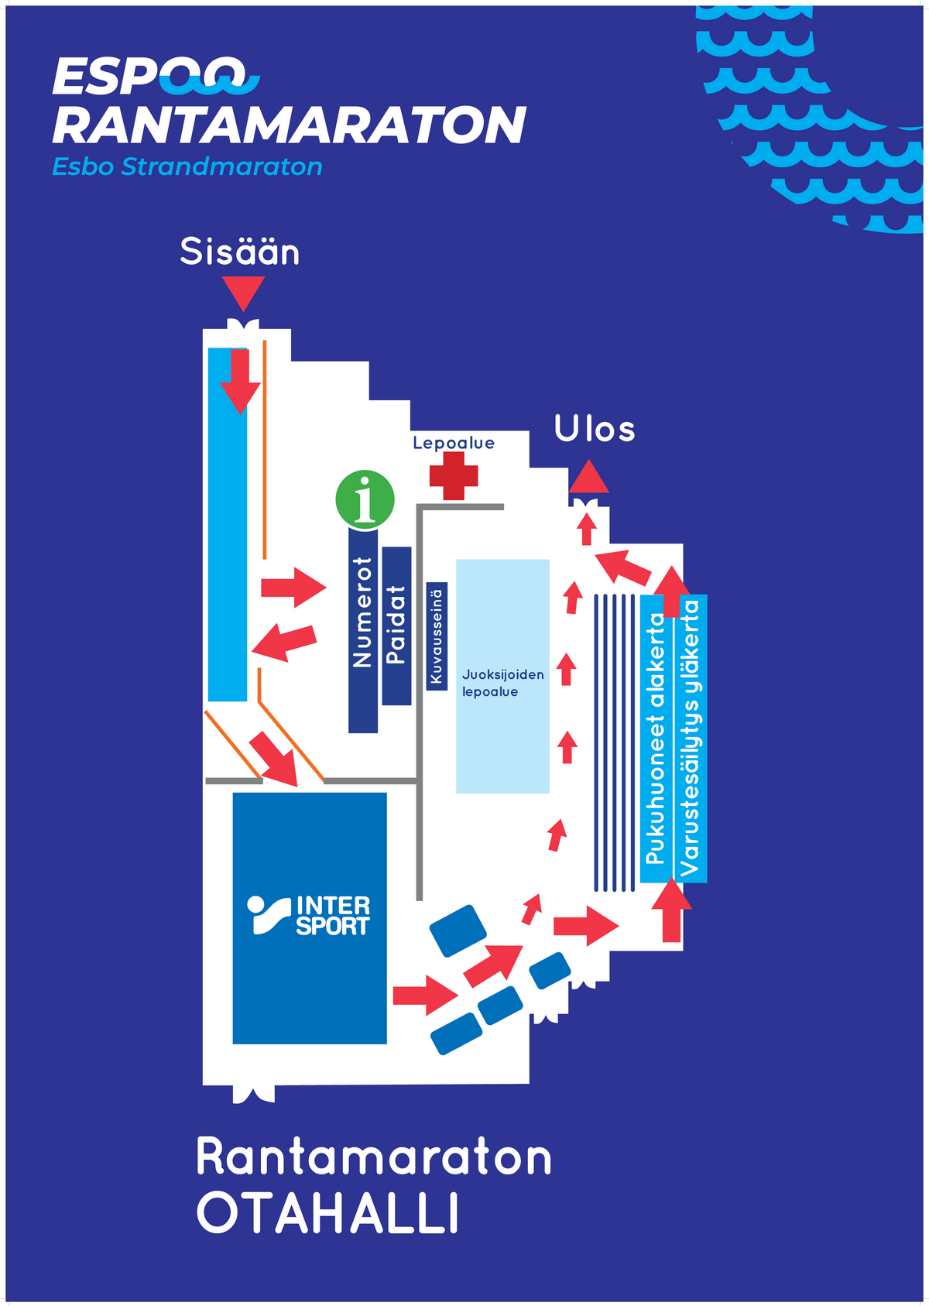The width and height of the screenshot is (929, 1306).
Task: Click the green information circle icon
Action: click(365, 499)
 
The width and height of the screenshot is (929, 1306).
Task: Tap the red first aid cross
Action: click(453, 476)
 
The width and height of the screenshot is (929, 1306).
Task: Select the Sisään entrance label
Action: click(240, 252)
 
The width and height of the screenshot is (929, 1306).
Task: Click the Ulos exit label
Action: click(595, 429)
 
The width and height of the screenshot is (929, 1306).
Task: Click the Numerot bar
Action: click(363, 630)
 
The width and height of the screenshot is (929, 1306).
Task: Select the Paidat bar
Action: click(396, 626)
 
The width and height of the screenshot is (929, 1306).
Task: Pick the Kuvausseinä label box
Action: click(437, 636)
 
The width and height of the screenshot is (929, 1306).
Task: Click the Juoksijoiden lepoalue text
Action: click(502, 683)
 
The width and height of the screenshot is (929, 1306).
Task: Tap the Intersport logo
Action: click(308, 915)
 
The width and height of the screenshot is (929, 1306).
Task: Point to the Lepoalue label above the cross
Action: click(454, 443)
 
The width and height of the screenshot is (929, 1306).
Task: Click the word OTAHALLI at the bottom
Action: click(327, 1213)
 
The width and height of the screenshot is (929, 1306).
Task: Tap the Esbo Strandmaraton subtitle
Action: click(187, 166)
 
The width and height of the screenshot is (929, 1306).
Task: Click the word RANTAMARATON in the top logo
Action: click(290, 125)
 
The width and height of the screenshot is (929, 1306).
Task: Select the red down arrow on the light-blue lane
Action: click(240, 382)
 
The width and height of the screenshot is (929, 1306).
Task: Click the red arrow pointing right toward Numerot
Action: click(293, 587)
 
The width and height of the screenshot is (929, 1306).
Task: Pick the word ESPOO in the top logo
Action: click(149, 76)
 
